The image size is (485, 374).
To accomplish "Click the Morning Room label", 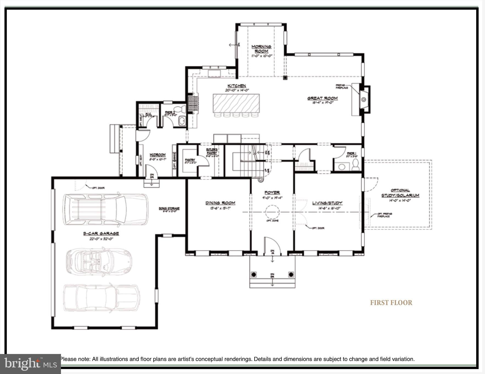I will (x=261, y=49).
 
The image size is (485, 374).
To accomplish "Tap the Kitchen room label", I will (x=236, y=86).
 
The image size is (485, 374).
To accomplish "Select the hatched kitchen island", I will (x=236, y=103).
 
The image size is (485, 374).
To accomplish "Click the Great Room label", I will (x=322, y=98).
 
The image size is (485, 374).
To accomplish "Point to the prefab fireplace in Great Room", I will (x=363, y=100).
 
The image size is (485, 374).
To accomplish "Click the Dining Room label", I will (x=220, y=203).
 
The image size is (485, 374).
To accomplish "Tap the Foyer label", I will (x=272, y=192).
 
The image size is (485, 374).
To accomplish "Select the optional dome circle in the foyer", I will (x=272, y=212).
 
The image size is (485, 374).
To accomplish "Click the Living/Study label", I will (x=327, y=203).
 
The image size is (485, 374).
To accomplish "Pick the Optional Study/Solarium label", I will (x=400, y=193).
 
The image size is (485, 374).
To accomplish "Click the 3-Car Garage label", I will (x=101, y=233).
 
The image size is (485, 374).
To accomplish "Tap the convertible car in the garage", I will (x=99, y=261).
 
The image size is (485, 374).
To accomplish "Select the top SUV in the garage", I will (x=105, y=209).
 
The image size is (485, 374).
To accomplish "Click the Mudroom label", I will (x=157, y=155).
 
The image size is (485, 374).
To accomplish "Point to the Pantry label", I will (x=190, y=160).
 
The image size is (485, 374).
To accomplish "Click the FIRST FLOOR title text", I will (x=391, y=303).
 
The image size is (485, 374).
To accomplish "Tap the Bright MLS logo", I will (x=30, y=364).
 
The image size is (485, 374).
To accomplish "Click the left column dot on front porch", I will (x=254, y=274).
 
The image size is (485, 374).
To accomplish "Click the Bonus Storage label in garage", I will (x=169, y=208).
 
